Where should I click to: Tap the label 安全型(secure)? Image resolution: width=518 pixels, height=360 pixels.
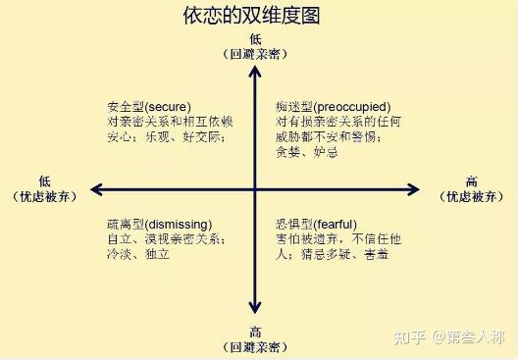(x=148, y=106)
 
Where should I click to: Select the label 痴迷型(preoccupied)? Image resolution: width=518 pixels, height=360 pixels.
(x=334, y=106)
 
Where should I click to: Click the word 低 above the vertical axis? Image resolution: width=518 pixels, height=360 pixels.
(x=254, y=38)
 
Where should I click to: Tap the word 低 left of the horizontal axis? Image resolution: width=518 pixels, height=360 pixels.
(x=44, y=181)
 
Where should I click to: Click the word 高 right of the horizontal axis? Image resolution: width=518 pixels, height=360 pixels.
(x=472, y=181)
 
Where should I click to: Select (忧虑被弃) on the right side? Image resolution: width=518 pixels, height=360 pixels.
(x=472, y=196)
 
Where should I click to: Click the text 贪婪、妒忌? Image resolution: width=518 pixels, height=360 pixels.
(x=307, y=152)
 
